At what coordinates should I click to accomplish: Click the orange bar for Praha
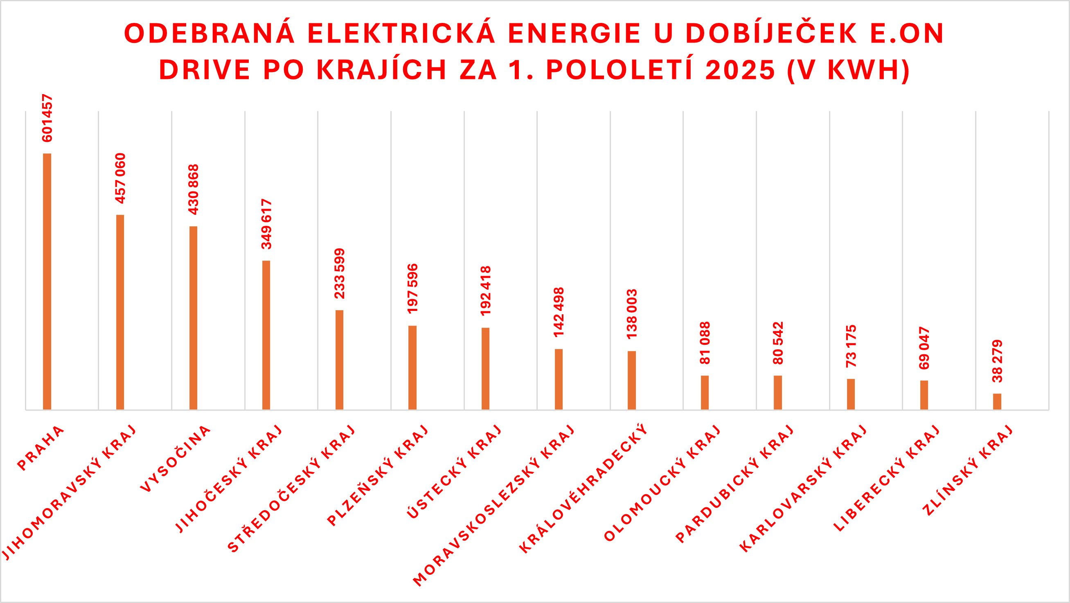coord(47,281)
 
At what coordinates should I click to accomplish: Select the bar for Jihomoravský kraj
coord(120,312)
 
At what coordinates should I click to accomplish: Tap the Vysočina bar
coord(193,318)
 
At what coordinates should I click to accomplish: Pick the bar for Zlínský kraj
coord(997,402)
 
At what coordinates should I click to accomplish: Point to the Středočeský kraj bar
coord(339,360)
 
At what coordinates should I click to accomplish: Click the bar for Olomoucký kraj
coord(705,392)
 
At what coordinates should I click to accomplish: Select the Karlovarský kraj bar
coord(851,394)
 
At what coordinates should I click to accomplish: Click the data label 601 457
coord(47,118)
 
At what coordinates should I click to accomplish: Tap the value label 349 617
coord(266,224)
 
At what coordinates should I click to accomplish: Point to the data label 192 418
coord(486,291)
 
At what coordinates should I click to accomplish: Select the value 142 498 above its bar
coord(559,312)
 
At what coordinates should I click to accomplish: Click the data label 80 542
coord(778,343)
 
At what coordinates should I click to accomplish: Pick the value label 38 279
coord(997,361)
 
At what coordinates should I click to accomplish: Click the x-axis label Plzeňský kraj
coord(378,475)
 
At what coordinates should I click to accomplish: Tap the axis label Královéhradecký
coord(583,488)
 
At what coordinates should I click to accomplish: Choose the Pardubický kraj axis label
coord(735,484)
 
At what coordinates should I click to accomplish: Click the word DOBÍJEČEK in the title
coord(771,33)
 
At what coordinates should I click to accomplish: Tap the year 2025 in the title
coord(740,70)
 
